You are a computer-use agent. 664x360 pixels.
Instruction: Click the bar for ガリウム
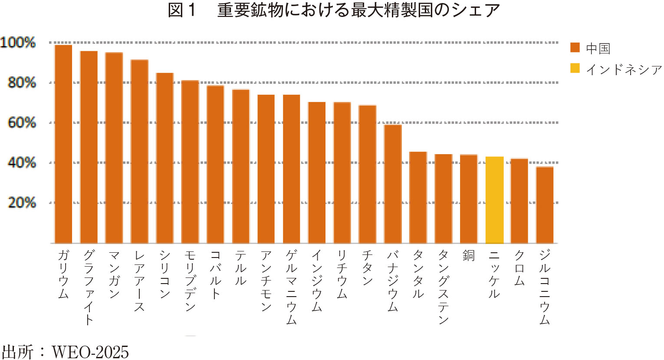click(63, 144)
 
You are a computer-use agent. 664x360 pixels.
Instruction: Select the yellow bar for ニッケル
click(494, 200)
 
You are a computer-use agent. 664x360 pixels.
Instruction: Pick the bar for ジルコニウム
click(545, 205)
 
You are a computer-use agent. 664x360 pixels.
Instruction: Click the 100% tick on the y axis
click(18, 43)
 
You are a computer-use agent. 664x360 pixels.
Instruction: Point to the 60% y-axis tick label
click(22, 122)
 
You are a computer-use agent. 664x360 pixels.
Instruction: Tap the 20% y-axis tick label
click(22, 203)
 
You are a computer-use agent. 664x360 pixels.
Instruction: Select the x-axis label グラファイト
click(89, 287)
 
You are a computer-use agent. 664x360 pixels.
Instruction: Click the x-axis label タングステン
click(444, 287)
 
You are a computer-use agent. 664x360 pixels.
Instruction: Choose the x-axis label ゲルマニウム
click(291, 287)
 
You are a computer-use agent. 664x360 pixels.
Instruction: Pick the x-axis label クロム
click(519, 268)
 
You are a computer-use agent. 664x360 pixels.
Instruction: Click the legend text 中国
click(598, 48)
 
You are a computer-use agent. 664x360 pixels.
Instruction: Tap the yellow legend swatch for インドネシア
click(575, 69)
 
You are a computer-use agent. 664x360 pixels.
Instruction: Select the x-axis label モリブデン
click(190, 281)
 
